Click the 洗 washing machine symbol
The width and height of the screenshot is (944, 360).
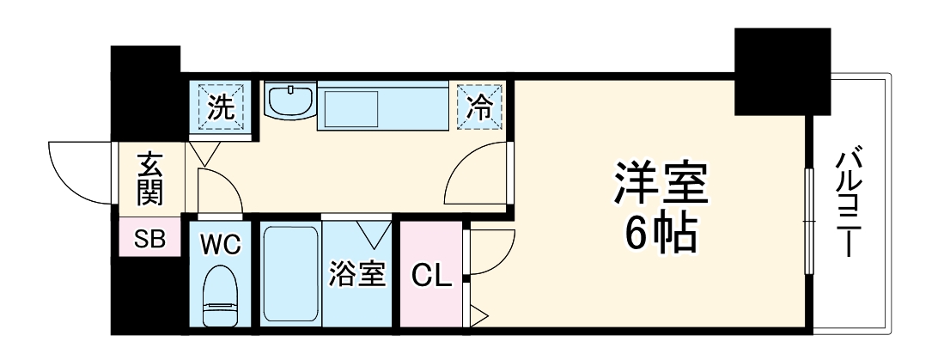(x=222, y=108)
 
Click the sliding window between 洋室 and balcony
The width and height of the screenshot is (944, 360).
(x=808, y=221)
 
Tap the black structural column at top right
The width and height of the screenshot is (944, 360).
(x=782, y=72)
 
